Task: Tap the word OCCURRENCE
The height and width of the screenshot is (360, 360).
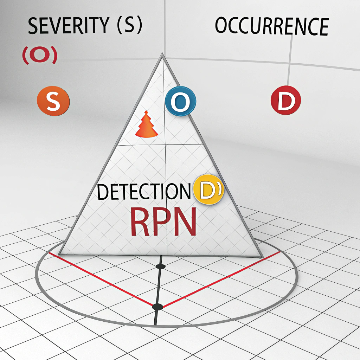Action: click(271, 25)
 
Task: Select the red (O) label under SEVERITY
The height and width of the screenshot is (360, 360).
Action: click(39, 56)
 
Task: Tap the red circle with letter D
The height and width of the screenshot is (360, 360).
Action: click(285, 100)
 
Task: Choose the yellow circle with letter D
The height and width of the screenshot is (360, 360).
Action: click(209, 190)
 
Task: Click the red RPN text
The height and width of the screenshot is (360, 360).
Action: click(163, 223)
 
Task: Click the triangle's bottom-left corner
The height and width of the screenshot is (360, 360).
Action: click(59, 254)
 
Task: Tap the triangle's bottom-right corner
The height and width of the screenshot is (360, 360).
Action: click(262, 257)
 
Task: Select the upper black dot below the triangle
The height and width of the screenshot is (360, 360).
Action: click(160, 267)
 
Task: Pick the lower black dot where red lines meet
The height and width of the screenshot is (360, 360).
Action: click(157, 306)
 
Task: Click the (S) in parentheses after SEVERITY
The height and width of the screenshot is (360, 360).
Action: click(129, 26)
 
